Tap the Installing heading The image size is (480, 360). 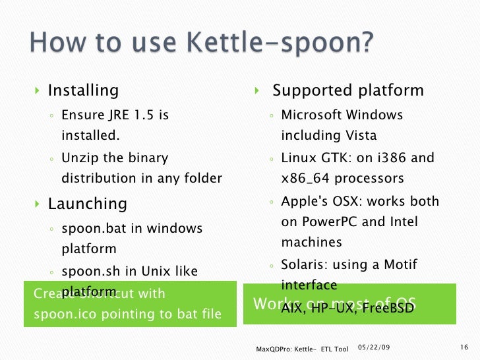click(x=83, y=90)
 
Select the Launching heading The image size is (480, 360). click(x=87, y=204)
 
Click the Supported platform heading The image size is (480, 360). click(x=348, y=90)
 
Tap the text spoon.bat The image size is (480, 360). click(x=91, y=229)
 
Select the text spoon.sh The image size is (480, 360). click(x=89, y=271)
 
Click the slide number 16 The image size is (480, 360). click(x=462, y=347)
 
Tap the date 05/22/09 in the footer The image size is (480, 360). click(x=373, y=347)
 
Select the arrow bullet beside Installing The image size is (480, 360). click(x=38, y=91)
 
